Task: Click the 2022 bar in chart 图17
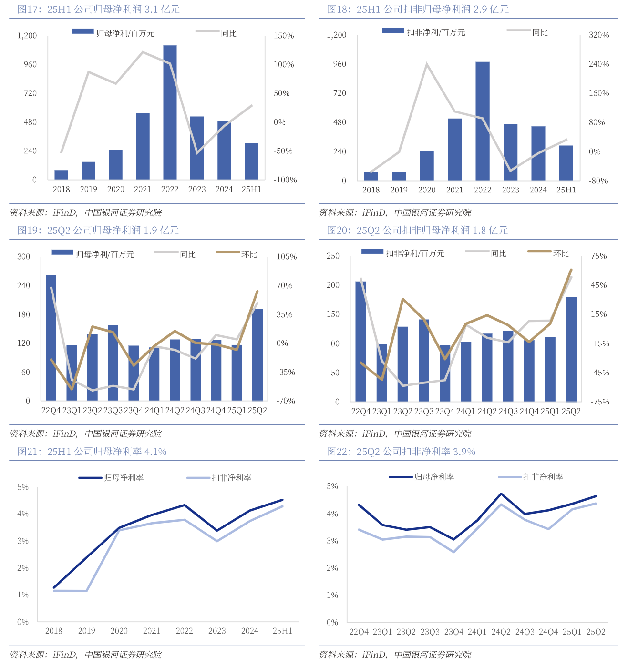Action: click(x=170, y=112)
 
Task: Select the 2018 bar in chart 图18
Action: click(x=371, y=176)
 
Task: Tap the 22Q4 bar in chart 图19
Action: click(x=51, y=338)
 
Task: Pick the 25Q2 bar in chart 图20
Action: click(x=571, y=349)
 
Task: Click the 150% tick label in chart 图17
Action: click(x=284, y=36)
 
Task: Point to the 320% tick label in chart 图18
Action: click(x=599, y=35)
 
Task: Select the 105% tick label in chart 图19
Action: click(x=287, y=257)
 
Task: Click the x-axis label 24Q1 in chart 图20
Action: click(x=465, y=411)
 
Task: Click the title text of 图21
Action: click(x=92, y=452)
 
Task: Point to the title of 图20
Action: click(x=417, y=231)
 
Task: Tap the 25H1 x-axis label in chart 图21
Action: click(x=282, y=631)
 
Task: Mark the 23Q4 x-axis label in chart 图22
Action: click(x=453, y=632)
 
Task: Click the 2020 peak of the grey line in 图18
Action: click(x=427, y=64)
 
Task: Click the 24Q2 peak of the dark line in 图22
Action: click(x=501, y=494)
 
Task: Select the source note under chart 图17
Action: click(x=86, y=212)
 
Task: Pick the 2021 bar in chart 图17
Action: click(x=143, y=146)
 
